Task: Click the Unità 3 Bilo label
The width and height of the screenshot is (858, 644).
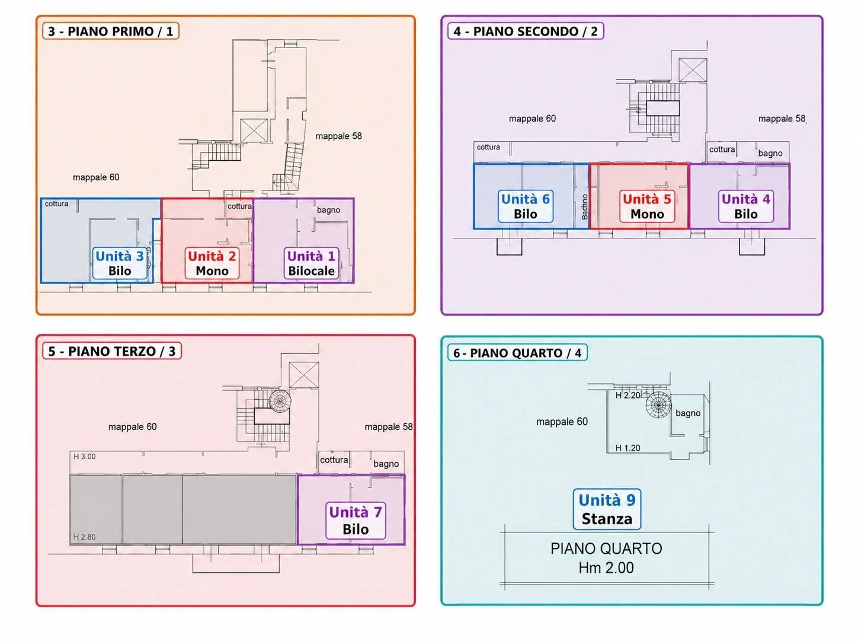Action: tap(120, 263)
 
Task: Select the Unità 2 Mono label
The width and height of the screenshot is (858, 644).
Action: tap(212, 263)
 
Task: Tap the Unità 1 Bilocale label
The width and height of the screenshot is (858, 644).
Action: tap(311, 263)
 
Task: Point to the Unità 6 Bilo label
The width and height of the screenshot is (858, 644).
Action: tap(526, 206)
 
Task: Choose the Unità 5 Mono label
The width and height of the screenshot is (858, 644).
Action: tap(647, 206)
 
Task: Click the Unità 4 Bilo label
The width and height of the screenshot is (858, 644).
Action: tap(746, 206)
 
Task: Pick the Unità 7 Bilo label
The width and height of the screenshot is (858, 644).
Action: tap(356, 521)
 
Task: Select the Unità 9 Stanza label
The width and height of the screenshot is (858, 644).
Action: tap(607, 509)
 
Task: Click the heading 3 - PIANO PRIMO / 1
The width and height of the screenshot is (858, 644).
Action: tap(111, 31)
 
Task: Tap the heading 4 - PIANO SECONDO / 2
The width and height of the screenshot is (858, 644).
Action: tap(526, 31)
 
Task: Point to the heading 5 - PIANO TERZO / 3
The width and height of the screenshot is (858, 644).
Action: tap(112, 351)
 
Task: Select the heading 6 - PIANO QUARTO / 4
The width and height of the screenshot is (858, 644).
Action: tap(517, 353)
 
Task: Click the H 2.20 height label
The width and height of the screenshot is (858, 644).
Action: tap(628, 396)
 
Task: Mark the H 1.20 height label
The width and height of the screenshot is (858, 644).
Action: tap(628, 448)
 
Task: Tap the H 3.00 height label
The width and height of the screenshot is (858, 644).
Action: tap(84, 456)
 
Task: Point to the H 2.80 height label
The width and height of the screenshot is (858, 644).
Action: tap(84, 537)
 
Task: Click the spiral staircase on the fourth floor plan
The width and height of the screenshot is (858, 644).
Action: tap(658, 405)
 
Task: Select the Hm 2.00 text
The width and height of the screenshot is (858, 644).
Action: tap(606, 568)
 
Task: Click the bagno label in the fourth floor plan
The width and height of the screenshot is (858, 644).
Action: tap(688, 413)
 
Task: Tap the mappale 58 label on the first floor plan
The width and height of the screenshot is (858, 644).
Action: tap(338, 136)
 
